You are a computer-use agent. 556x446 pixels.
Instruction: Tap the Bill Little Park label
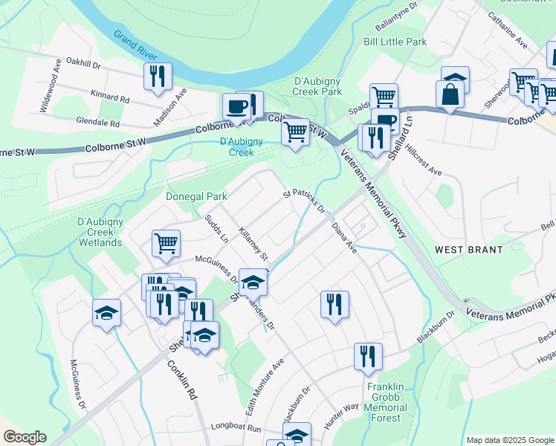point(395,42)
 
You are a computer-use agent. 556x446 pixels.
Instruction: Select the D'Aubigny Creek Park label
point(318,85)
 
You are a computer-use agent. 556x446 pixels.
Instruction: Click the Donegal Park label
point(195,196)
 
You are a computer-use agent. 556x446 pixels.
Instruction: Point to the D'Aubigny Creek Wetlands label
point(100,232)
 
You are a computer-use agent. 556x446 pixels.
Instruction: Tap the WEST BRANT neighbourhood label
point(470,250)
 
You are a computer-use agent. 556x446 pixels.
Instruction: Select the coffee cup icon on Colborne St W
point(236,106)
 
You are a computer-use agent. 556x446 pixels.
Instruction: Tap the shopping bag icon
point(450,94)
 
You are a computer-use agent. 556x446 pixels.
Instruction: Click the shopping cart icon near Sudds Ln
point(166,242)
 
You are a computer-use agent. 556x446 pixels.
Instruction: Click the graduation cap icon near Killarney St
point(253,281)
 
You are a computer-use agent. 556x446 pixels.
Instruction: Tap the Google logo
point(25,437)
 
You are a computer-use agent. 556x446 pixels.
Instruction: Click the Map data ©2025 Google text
point(510,440)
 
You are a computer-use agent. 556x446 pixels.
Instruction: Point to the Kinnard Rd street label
point(109,97)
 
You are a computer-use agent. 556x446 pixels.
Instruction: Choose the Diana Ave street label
point(345,237)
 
